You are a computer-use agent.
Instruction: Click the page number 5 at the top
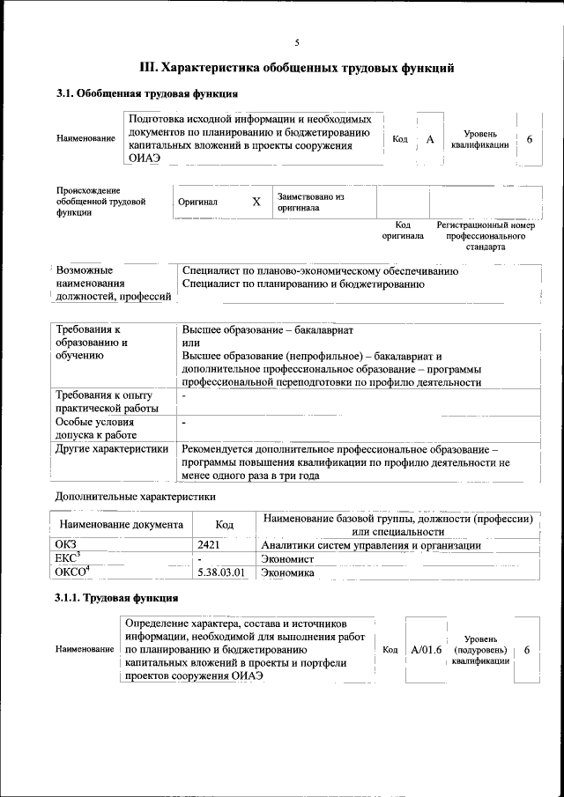point(297,43)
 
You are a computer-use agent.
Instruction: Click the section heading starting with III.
point(298,67)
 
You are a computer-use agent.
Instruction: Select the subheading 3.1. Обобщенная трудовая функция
point(146,93)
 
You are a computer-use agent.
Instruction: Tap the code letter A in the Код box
point(430,139)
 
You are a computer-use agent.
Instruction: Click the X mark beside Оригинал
point(256,202)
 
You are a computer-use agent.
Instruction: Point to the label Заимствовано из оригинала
point(310,202)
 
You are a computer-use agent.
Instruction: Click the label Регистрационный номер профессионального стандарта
point(486,237)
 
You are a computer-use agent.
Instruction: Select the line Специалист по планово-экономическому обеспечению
point(319,271)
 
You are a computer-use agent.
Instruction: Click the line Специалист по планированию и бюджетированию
point(303,284)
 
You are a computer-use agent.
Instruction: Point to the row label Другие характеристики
point(112,449)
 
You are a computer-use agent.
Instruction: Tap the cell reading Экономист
point(289,558)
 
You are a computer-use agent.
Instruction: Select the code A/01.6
point(426,650)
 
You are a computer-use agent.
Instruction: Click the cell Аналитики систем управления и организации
point(371,545)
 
